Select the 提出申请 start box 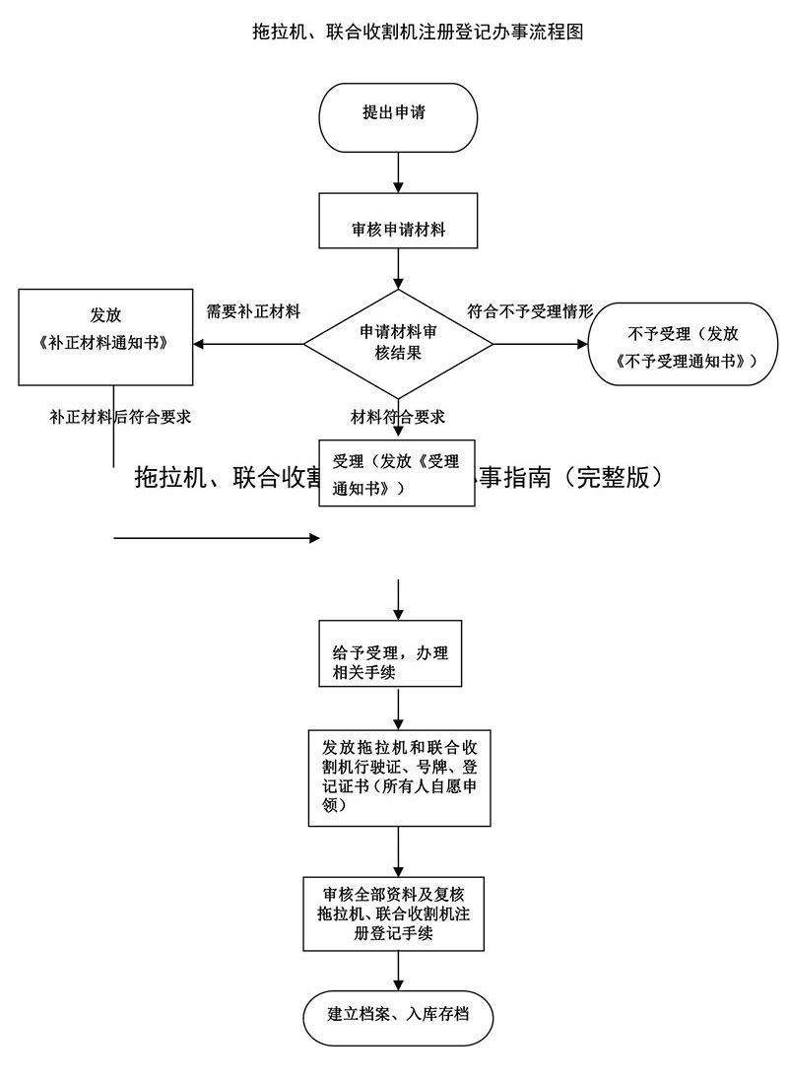pyautogui.click(x=398, y=114)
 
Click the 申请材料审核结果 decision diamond pyautogui.click(x=398, y=343)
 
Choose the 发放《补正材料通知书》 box pyautogui.click(x=105, y=334)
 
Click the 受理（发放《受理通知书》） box pyautogui.click(x=396, y=473)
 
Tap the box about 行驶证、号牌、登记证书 pyautogui.click(x=398, y=777)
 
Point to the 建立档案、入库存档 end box pyautogui.click(x=398, y=1016)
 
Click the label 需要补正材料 pyautogui.click(x=252, y=311)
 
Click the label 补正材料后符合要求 pyautogui.click(x=120, y=416)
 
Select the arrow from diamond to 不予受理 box pyautogui.click(x=540, y=344)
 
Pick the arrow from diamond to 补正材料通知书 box pyautogui.click(x=248, y=344)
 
